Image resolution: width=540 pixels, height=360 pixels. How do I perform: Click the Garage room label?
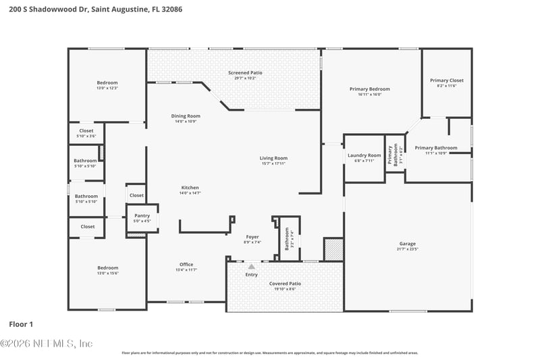coord(407,244)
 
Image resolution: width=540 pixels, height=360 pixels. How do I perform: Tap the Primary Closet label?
coord(446,80)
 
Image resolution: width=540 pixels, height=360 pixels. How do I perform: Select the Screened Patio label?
coord(245,72)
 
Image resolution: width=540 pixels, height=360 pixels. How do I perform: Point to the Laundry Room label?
coord(364,155)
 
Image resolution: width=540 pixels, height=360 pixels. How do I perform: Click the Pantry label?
coord(142,215)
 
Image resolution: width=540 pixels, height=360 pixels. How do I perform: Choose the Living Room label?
coord(273,158)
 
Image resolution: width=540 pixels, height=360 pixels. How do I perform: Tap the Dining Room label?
coord(185,116)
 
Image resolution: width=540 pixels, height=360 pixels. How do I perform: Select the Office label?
coord(186,264)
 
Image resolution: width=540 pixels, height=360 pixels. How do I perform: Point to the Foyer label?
coord(252,237)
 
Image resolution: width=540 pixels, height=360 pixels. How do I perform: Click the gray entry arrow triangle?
coord(252,267)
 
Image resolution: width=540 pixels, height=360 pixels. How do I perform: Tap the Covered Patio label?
coord(284,284)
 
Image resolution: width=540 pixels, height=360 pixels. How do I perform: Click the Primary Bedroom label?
coord(369,89)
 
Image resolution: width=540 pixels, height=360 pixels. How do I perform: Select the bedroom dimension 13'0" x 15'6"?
coord(107,273)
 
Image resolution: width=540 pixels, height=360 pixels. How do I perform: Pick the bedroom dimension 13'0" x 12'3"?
coord(107,88)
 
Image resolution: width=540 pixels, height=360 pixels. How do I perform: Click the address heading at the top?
coord(91,9)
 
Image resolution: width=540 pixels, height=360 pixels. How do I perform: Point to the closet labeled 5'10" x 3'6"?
coord(86,136)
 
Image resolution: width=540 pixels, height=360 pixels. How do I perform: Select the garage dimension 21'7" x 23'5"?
coord(407,249)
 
